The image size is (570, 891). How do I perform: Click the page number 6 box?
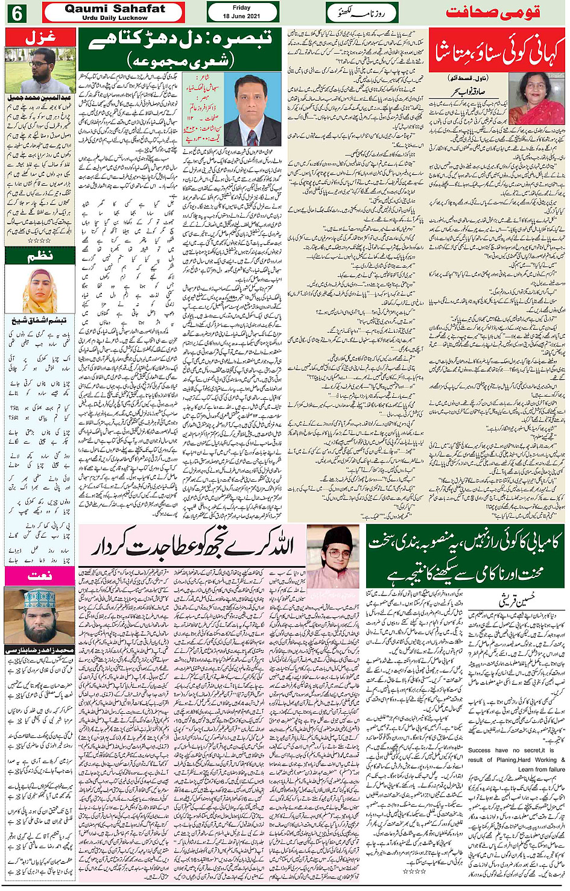pyautogui.click(x=15, y=12)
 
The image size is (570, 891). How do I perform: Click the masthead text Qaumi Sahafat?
pyautogui.click(x=115, y=8)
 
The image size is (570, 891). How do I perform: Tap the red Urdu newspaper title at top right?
pyautogui.click(x=492, y=12)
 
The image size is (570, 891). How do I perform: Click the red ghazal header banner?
pyautogui.click(x=40, y=37)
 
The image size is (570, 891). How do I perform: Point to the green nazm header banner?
pyautogui.click(x=40, y=256)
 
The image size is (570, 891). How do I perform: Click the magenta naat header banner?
pyautogui.click(x=40, y=576)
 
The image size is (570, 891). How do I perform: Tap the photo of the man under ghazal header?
pyautogui.click(x=40, y=70)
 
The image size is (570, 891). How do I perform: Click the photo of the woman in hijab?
pyautogui.click(x=40, y=291)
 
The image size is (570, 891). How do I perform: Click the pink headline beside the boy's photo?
pyautogui.click(x=192, y=547)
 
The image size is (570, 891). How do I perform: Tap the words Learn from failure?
pyautogui.click(x=542, y=769)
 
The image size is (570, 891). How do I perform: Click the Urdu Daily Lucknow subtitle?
pyautogui.click(x=115, y=18)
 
